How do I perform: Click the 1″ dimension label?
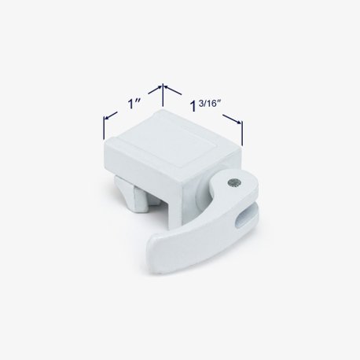click(x=134, y=104)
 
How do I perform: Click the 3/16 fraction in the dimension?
click(x=207, y=104)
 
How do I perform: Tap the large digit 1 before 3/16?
click(x=193, y=106)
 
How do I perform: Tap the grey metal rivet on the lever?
click(x=233, y=182)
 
